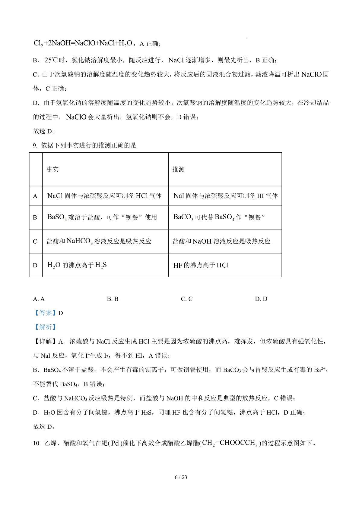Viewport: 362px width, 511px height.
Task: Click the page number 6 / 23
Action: [x=181, y=477]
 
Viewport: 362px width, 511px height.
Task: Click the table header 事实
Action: [x=52, y=170]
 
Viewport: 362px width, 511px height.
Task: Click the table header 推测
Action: [x=178, y=170]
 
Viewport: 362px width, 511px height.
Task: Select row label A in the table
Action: [x=35, y=196]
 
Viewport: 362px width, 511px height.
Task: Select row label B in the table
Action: [x=35, y=217]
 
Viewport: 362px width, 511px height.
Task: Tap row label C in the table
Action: [x=35, y=241]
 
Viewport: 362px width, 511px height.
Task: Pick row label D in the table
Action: [x=35, y=265]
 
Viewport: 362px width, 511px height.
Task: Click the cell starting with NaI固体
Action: [x=225, y=196]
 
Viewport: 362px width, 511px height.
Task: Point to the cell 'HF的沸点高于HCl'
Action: [x=201, y=265]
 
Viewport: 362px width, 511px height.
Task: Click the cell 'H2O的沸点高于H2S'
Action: [x=77, y=265]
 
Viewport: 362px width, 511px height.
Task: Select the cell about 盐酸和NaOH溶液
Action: [x=221, y=241]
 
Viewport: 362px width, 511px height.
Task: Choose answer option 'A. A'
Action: [x=39, y=299]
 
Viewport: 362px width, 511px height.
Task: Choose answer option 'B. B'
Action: [x=113, y=299]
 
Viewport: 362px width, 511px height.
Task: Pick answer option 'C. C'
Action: [x=187, y=299]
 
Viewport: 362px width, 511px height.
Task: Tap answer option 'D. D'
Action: [x=261, y=299]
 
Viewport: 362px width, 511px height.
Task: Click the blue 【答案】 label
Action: [x=45, y=313]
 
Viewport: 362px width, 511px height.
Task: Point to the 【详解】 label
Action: [x=45, y=341]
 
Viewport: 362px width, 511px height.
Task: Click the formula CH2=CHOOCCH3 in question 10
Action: [x=230, y=443]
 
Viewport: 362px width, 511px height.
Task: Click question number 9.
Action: [x=35, y=146]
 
